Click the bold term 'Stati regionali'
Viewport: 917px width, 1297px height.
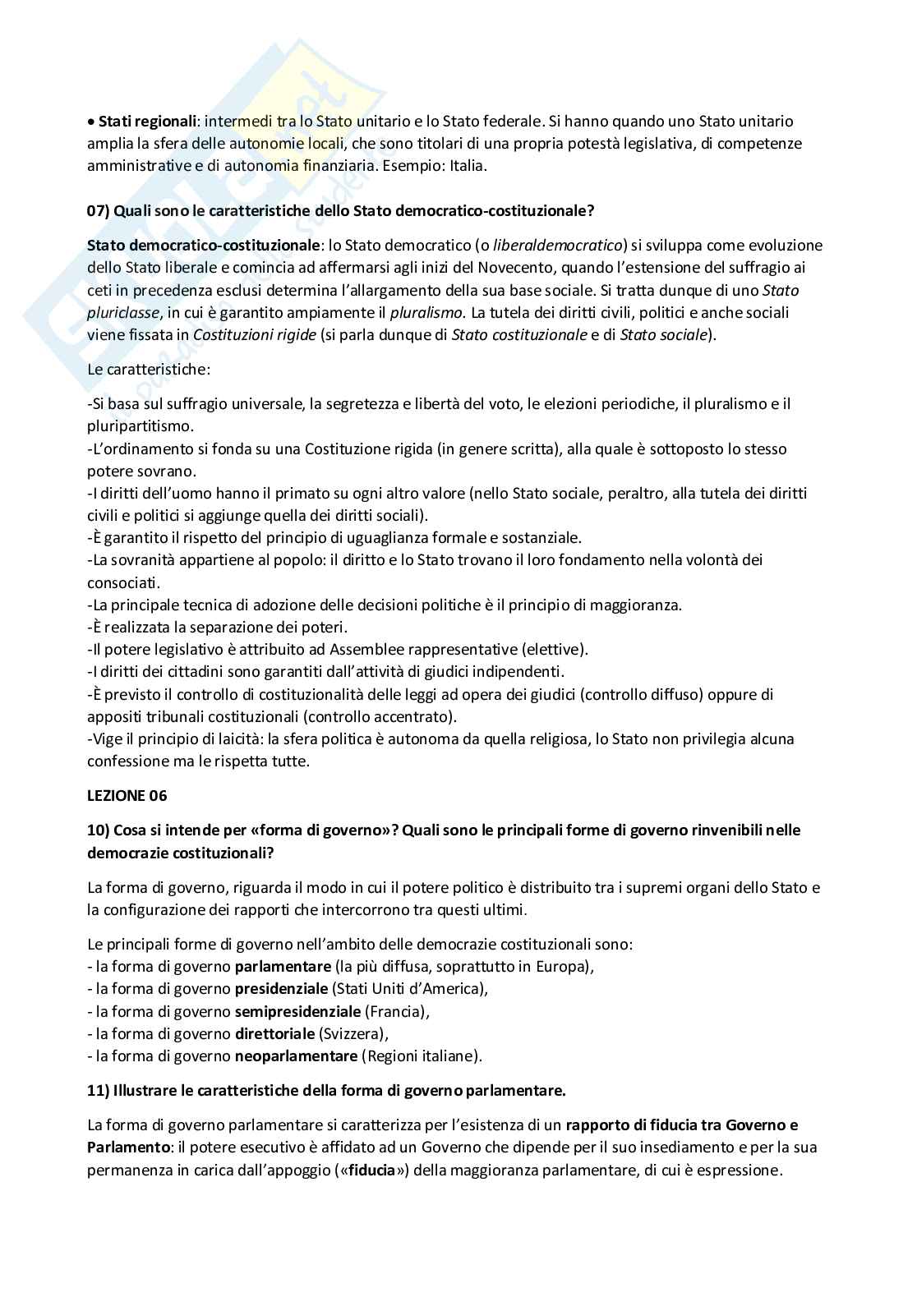[x=147, y=122]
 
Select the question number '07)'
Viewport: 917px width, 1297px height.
[x=99, y=210]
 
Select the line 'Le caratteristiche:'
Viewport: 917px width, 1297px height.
[x=149, y=369]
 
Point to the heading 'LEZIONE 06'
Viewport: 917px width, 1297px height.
[x=127, y=795]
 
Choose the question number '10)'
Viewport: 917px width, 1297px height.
[x=98, y=830]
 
